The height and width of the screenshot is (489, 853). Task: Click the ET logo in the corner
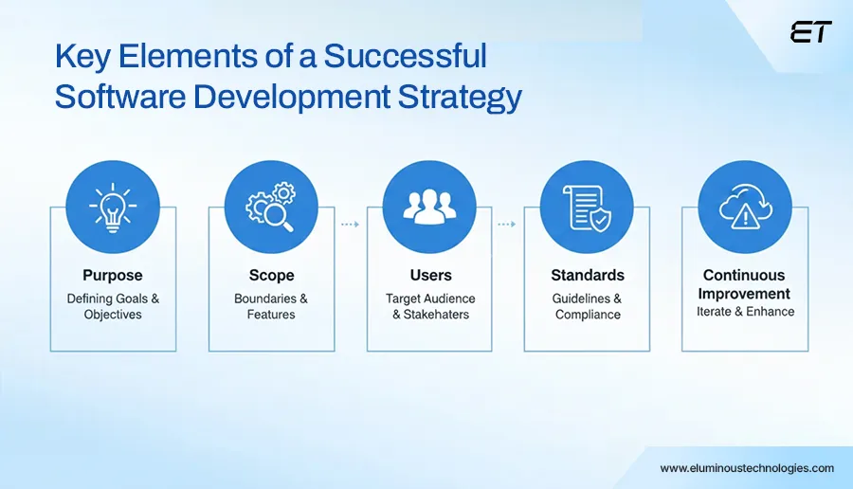coord(809,32)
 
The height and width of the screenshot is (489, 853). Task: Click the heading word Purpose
coord(113,276)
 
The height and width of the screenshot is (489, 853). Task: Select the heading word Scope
coord(271,276)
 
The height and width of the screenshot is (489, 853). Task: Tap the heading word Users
coord(429,276)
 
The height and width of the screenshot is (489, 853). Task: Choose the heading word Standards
coord(588,276)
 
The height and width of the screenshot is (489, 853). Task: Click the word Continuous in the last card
coord(745,276)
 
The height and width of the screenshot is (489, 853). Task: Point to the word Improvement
coord(745,294)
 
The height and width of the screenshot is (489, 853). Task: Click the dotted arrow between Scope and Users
coord(350,225)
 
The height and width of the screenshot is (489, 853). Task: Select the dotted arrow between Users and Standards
coord(507,225)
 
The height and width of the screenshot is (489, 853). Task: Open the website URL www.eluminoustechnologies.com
coord(747,468)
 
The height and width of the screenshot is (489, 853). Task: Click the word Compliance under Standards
coord(588,315)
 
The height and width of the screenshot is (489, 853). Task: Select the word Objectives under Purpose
coord(113,315)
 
